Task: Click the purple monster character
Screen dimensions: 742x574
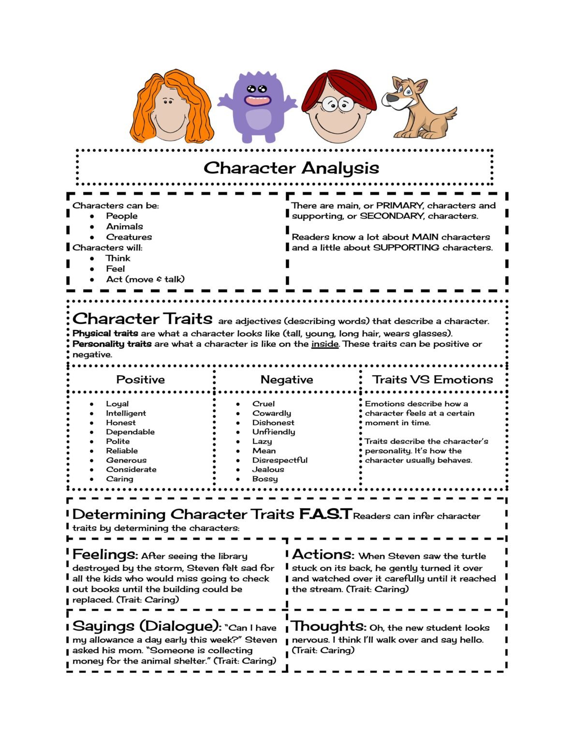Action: (x=256, y=106)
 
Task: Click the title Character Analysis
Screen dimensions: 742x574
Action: (x=291, y=168)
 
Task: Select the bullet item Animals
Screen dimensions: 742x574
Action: (x=124, y=227)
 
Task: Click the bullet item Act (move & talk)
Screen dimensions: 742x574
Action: (x=145, y=279)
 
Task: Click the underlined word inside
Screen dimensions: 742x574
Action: (x=324, y=344)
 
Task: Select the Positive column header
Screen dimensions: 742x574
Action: (x=140, y=380)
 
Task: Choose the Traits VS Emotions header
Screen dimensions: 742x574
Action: (x=432, y=380)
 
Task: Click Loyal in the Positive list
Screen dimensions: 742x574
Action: (x=117, y=404)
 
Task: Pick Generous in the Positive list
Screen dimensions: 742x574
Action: (x=126, y=460)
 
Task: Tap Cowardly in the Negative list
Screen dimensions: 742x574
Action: (x=271, y=414)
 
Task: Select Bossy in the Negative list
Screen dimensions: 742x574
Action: (x=265, y=479)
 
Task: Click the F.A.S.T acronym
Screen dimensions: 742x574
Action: (x=325, y=514)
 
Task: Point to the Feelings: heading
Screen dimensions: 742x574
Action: (x=105, y=555)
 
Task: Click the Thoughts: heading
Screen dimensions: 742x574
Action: (x=329, y=627)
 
